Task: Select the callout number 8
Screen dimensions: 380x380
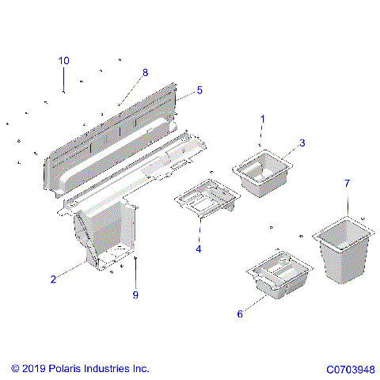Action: (145, 73)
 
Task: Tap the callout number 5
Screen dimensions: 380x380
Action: (199, 90)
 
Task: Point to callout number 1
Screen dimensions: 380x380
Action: (263, 119)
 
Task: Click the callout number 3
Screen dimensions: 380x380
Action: (302, 143)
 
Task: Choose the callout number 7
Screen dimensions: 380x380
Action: (346, 184)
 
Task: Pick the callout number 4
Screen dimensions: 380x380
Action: (199, 249)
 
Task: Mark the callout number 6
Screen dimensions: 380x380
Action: (239, 313)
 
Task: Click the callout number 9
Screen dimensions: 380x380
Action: (135, 295)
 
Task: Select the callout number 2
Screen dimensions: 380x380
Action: (53, 279)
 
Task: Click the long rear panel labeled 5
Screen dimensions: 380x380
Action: (111, 135)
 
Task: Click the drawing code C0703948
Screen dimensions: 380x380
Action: (350, 369)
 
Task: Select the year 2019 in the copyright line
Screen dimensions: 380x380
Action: (36, 369)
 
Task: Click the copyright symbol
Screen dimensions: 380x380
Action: (16, 369)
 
